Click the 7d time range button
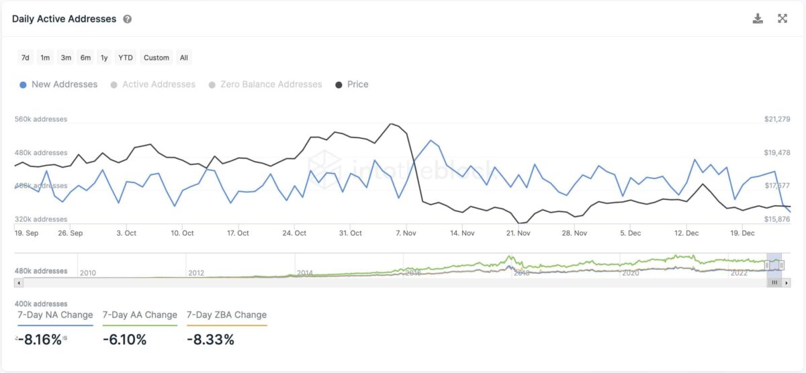click(25, 58)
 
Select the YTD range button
click(125, 58)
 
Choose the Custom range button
click(156, 58)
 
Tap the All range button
click(183, 58)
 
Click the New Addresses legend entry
click(64, 85)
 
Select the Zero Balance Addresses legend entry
click(271, 85)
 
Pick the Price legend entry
click(357, 85)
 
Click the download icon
click(758, 19)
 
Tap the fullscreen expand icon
click(782, 19)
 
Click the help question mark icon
click(128, 19)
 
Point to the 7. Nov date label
click(406, 233)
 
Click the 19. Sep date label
click(26, 233)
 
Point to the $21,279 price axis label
click(777, 119)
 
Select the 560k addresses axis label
click(41, 119)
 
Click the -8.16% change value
click(40, 339)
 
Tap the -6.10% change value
click(124, 339)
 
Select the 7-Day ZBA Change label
click(226, 315)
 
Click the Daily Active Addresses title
click(64, 19)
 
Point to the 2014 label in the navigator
click(304, 273)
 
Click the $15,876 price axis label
click(777, 219)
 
